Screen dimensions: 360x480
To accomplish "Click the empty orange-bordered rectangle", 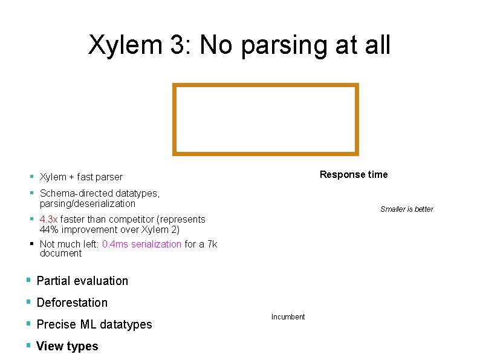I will click(x=265, y=119).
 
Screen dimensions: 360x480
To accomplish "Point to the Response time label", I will click(x=354, y=175).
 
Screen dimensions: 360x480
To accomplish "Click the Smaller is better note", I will click(x=406, y=209).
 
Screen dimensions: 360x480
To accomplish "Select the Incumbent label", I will click(x=288, y=317).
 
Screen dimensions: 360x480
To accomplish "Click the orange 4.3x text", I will click(x=48, y=220).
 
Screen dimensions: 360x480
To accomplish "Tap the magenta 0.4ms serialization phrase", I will click(x=141, y=244).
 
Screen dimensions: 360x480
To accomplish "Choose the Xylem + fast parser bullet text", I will click(x=81, y=177).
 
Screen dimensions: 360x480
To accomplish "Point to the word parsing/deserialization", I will click(x=87, y=204).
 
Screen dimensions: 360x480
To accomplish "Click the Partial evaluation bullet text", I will click(x=82, y=281).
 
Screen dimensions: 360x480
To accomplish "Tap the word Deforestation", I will click(x=72, y=303).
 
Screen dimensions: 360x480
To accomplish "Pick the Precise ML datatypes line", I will click(x=94, y=324).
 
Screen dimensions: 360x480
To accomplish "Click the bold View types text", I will click(x=67, y=346).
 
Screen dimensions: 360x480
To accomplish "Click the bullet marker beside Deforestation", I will click(x=28, y=303).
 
